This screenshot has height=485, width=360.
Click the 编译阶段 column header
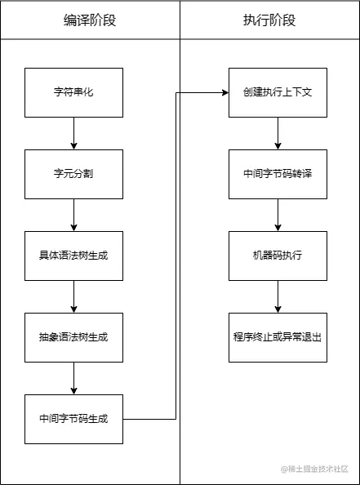(90, 20)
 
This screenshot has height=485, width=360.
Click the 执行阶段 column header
(269, 20)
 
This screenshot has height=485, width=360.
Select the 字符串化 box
(73, 92)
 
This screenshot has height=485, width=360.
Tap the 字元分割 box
(73, 174)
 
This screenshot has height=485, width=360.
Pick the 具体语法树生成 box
(73, 256)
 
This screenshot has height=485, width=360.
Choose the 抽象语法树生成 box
(73, 337)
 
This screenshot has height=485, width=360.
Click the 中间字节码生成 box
(73, 419)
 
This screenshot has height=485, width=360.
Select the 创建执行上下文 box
(278, 92)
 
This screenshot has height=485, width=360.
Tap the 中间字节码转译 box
(278, 174)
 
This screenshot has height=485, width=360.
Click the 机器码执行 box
(278, 256)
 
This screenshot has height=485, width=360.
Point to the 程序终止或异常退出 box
(278, 337)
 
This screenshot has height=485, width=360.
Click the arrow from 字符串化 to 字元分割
(73, 133)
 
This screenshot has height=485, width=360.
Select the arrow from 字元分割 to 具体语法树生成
(73, 215)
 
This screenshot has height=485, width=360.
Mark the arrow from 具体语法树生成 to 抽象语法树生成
(73, 296)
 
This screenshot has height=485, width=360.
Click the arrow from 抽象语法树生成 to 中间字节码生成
(73, 378)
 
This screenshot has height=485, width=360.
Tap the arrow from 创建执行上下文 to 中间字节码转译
(278, 133)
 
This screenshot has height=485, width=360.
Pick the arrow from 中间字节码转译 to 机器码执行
(278, 215)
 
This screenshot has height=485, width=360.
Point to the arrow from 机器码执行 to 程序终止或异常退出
(278, 296)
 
